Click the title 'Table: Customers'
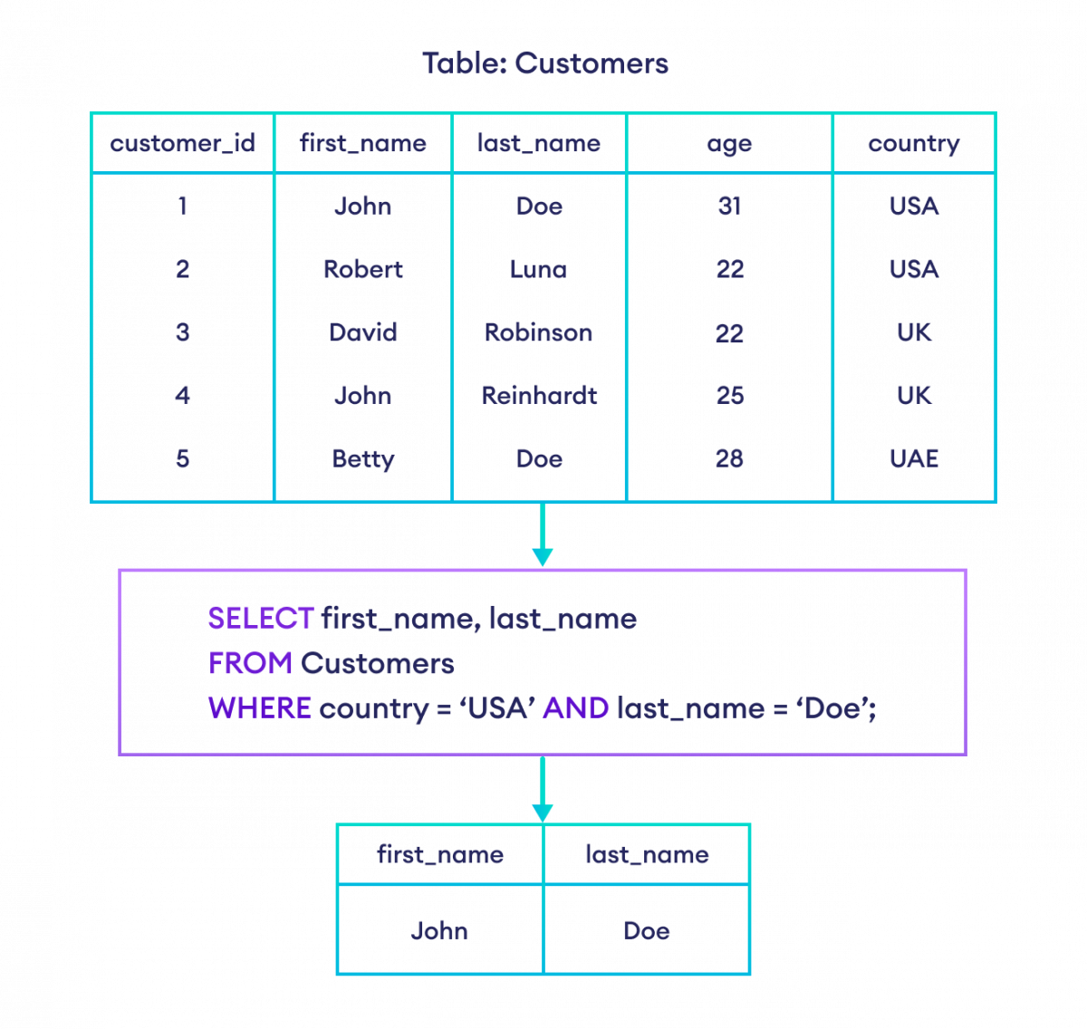544,63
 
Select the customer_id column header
182,143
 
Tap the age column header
729,143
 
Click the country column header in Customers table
913,143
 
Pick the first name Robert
362,269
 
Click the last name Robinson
539,332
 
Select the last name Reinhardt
539,395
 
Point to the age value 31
729,206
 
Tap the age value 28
729,458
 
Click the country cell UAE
913,458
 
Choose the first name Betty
362,459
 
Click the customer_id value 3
182,332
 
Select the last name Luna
539,269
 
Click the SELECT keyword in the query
261,619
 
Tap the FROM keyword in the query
250,663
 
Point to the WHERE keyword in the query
260,707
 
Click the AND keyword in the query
575,707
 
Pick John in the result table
439,930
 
